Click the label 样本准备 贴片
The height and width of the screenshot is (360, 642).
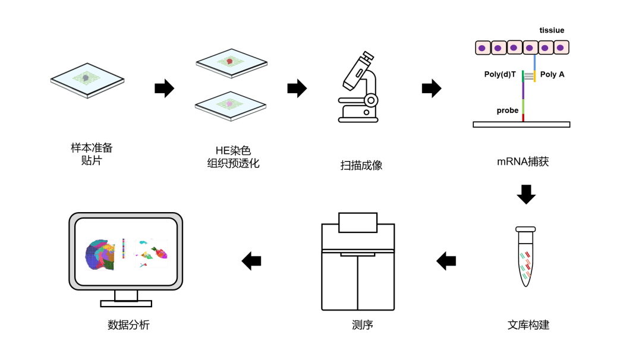(92, 154)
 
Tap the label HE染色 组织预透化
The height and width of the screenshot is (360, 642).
(233, 157)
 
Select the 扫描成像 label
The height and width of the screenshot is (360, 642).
(361, 165)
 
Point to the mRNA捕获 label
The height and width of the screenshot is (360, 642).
(523, 162)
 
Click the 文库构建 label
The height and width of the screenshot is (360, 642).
(528, 325)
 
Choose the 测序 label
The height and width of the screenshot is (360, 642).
(363, 325)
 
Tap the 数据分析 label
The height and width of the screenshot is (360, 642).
(128, 325)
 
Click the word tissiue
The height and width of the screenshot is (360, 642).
(552, 30)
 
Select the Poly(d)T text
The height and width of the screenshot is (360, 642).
(500, 74)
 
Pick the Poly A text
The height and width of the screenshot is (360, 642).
(552, 74)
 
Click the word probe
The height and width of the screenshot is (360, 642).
(507, 110)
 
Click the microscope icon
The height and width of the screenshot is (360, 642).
(358, 87)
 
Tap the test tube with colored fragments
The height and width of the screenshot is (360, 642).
(525, 257)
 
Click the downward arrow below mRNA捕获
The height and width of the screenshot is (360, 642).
(526, 194)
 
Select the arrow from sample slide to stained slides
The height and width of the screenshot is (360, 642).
(165, 88)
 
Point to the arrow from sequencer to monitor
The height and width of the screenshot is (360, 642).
(251, 261)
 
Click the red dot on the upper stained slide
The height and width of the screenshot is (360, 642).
(229, 61)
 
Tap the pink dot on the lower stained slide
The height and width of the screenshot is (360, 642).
(229, 105)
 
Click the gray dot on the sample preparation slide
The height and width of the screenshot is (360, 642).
(86, 78)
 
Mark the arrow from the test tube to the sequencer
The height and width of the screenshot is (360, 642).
(446, 261)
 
